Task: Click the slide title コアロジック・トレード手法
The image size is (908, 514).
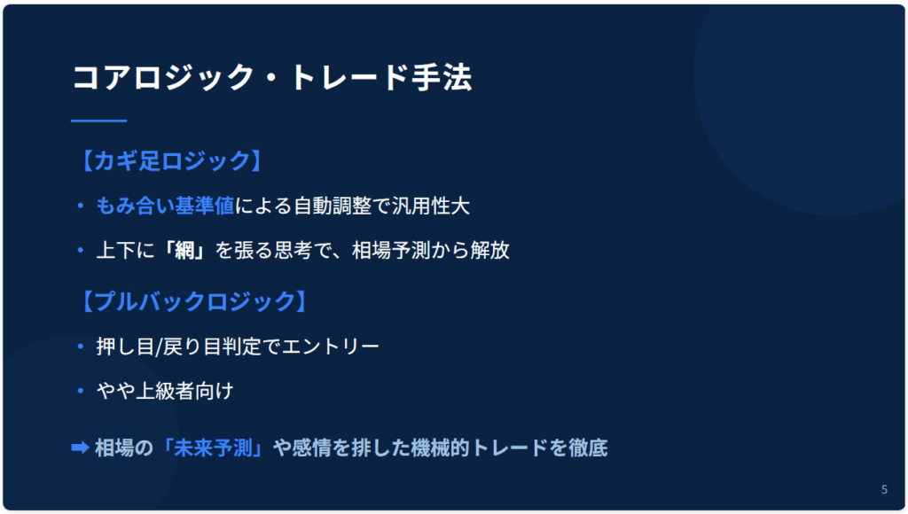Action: (272, 78)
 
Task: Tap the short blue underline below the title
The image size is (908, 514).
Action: (98, 121)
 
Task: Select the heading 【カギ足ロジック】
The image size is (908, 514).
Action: (170, 160)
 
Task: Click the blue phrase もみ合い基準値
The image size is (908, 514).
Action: (165, 206)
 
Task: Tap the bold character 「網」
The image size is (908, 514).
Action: (184, 250)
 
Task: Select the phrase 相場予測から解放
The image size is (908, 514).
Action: (431, 250)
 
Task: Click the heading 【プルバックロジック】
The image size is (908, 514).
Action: (192, 301)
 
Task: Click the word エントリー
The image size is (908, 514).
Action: (331, 347)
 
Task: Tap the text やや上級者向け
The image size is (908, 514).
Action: (165, 391)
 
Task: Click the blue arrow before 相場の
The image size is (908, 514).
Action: (80, 448)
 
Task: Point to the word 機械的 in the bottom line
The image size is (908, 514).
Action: (440, 448)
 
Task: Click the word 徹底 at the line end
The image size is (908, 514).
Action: (589, 448)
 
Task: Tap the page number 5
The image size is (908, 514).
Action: (884, 490)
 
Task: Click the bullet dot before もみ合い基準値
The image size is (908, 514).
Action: (81, 206)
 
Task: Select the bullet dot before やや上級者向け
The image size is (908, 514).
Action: (81, 391)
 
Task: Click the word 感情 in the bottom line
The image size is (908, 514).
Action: (311, 448)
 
